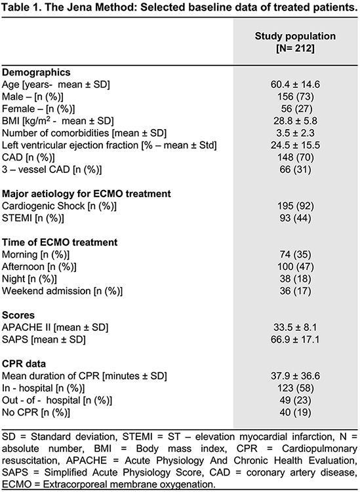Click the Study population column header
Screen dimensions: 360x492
coord(295,42)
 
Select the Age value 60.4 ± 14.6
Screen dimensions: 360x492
coord(295,85)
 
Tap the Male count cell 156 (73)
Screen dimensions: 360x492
coord(295,97)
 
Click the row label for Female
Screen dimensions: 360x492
coord(38,109)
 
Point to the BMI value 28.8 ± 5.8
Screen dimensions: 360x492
coord(295,121)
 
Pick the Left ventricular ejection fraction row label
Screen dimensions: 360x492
coord(110,145)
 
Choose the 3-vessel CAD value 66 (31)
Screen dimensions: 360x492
coord(295,170)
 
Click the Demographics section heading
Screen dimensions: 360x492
coord(36,73)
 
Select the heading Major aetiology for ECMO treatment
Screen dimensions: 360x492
coord(87,194)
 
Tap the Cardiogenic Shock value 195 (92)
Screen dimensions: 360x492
coord(295,206)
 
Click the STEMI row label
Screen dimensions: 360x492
coord(33,218)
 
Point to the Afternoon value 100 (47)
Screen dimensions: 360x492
coord(295,267)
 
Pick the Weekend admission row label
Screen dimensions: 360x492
coord(62,291)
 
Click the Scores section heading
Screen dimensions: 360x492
coord(18,315)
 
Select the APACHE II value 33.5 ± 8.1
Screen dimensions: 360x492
coord(295,328)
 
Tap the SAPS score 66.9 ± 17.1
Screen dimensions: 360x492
coord(295,339)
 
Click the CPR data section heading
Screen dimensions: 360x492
coord(24,364)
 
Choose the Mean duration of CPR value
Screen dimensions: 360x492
coord(295,376)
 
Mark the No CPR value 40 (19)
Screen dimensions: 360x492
coord(295,412)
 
